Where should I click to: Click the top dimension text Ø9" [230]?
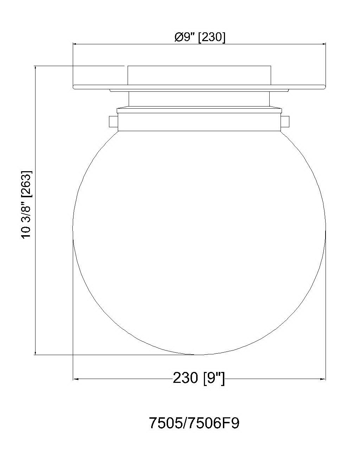click(200, 37)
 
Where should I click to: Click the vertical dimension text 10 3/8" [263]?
click(27, 204)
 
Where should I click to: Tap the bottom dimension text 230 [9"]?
click(199, 378)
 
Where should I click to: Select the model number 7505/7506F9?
click(194, 423)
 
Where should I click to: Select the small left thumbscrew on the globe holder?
click(113, 121)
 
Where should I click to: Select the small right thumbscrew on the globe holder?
click(285, 121)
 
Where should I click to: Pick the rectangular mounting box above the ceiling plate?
click(199, 75)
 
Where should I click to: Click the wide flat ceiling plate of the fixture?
click(199, 87)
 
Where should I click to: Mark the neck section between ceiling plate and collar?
click(199, 99)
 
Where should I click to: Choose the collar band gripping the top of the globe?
click(199, 122)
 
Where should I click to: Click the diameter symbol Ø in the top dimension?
click(179, 37)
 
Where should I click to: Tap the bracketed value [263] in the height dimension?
click(27, 183)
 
